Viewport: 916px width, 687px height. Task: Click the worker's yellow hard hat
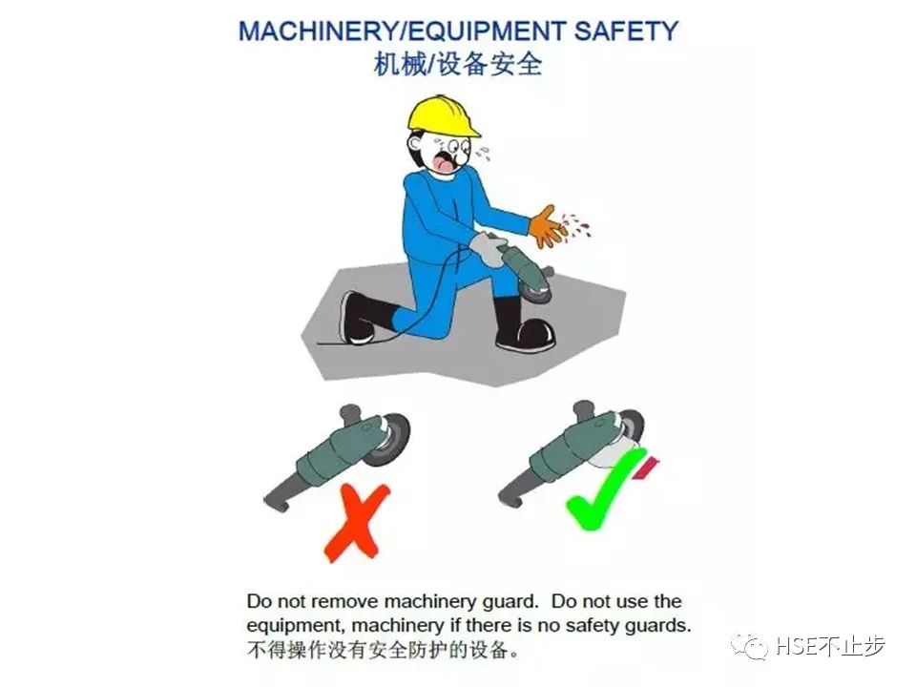tap(442, 116)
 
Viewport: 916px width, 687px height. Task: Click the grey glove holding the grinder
tap(489, 248)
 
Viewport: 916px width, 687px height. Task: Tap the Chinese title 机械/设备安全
tap(458, 64)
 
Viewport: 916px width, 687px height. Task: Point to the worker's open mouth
tap(445, 162)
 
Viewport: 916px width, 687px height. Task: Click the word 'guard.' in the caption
tap(513, 601)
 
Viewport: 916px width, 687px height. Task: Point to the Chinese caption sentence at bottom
tap(383, 650)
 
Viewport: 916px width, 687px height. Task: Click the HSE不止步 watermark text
tap(831, 646)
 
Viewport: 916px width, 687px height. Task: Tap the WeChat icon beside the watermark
tap(751, 646)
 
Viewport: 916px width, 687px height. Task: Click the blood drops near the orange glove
tap(575, 225)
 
